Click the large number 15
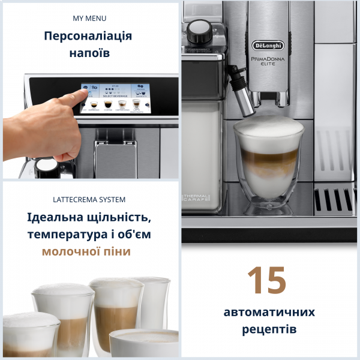click(x=266, y=280)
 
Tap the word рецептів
click(x=269, y=329)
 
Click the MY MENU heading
click(x=89, y=19)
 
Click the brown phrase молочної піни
click(x=86, y=251)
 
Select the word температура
click(x=63, y=233)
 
